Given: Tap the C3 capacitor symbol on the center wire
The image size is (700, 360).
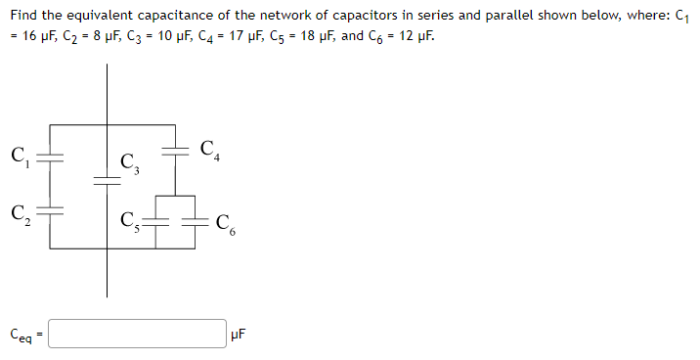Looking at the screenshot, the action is click(107, 179).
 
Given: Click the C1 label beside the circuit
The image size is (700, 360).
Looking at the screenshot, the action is click(19, 156).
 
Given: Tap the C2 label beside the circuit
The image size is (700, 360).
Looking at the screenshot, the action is click(19, 211).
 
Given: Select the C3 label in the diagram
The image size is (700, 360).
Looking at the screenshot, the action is click(128, 165).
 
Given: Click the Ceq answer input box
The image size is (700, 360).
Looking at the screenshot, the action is click(138, 334).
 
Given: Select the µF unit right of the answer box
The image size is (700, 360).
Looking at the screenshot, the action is click(241, 335).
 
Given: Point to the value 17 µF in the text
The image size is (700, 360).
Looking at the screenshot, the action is click(259, 36).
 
